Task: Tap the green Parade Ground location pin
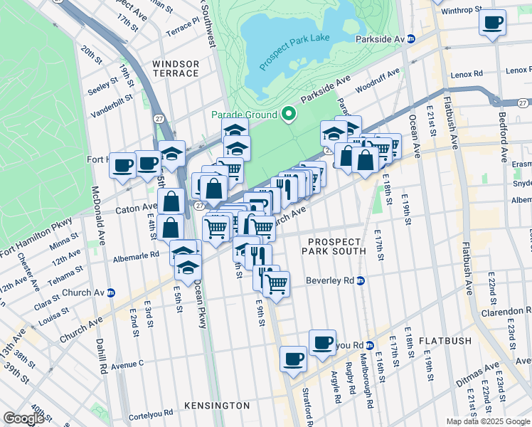288,114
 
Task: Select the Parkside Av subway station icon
411,38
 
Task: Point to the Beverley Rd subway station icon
361,280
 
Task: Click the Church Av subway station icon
110,292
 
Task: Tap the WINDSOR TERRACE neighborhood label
176,68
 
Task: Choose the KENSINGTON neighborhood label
217,406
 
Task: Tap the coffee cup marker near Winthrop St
491,22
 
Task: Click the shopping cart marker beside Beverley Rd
276,284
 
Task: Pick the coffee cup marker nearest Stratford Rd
293,359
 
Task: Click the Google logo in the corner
23,418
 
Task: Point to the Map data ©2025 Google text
488,421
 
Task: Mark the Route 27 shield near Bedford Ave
523,103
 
